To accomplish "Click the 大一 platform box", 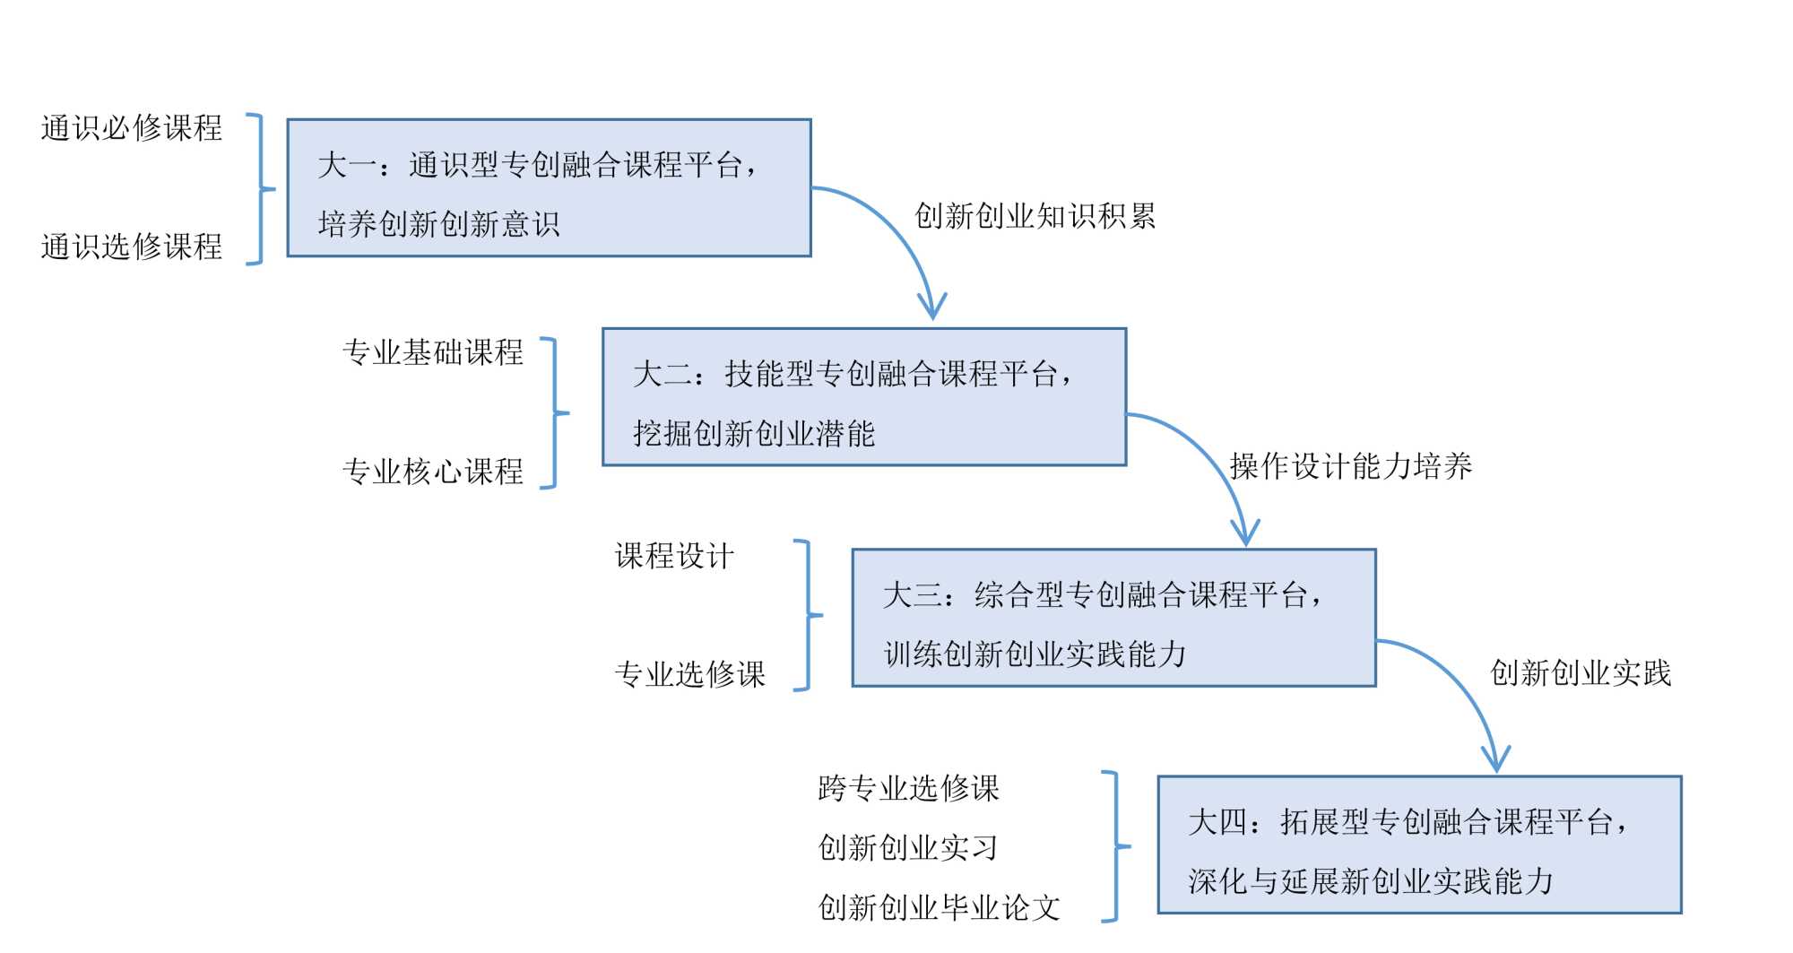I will (549, 188).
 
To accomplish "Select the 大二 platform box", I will (864, 397).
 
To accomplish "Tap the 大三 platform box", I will (1113, 618).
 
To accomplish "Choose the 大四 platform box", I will (1419, 845).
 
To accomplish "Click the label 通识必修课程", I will (132, 128).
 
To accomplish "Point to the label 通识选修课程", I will (132, 247).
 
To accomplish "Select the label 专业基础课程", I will (433, 352).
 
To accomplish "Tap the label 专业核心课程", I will (433, 472).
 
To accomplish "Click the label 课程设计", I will (674, 556).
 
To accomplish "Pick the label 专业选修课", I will (690, 674).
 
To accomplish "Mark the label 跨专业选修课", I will (908, 788).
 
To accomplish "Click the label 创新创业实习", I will (908, 847).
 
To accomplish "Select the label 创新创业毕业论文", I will (939, 907).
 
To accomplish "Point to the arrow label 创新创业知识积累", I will (1035, 216).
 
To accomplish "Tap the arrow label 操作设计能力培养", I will (1350, 466).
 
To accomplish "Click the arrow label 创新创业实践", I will (1581, 672).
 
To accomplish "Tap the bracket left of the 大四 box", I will (1115, 845).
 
